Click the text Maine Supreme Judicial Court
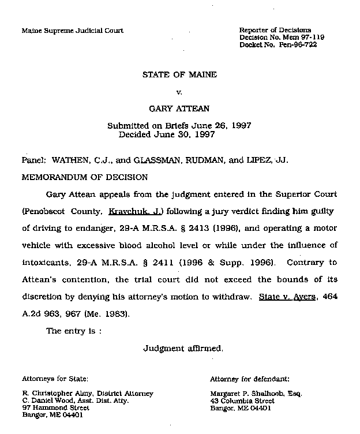[73, 30]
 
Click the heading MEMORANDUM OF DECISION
[85, 177]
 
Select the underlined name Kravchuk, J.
[132, 212]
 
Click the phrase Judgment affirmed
[179, 349]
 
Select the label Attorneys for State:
[55, 379]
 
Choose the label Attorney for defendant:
[249, 379]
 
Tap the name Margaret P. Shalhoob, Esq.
[256, 394]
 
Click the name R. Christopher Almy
[57, 394]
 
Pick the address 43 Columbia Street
[242, 401]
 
